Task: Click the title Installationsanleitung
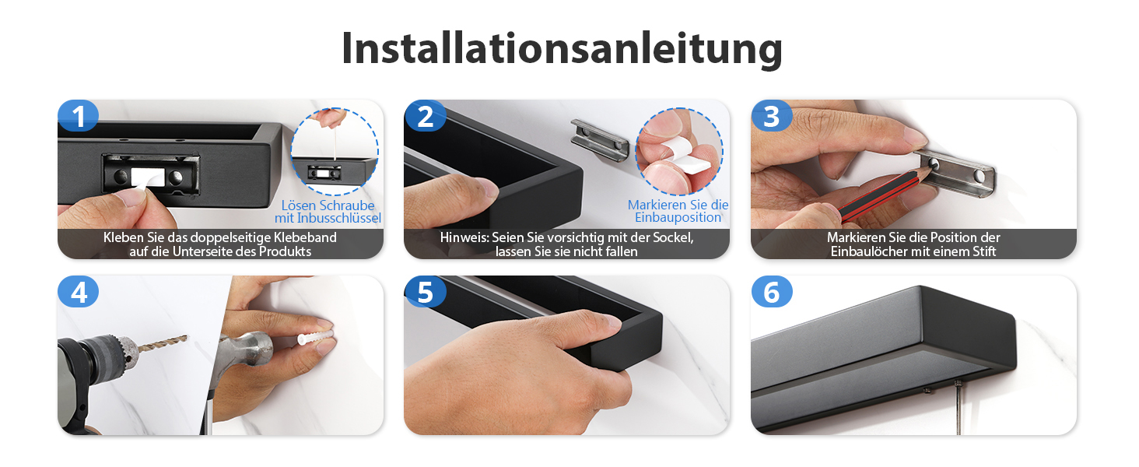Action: pos(562,49)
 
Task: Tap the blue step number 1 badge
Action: pos(78,116)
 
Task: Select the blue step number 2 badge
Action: pos(425,116)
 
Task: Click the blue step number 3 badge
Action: pos(771,116)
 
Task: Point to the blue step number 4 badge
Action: pos(78,292)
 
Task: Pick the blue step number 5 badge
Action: pos(425,292)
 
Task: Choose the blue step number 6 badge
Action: pos(771,292)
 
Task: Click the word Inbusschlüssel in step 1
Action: pos(339,218)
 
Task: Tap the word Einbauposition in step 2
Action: pos(678,218)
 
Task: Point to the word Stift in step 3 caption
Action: pos(983,251)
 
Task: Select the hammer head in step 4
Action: pos(245,350)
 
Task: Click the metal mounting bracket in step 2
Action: pos(600,140)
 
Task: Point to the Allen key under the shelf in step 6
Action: pos(959,407)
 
